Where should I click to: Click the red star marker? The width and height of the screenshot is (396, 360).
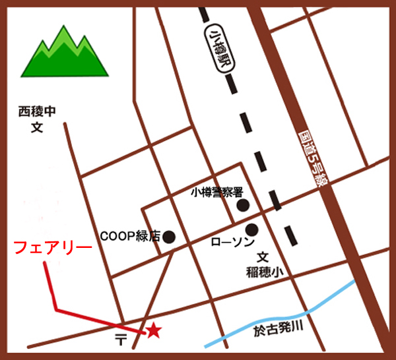153,330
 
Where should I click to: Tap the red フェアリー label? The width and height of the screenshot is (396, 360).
52,249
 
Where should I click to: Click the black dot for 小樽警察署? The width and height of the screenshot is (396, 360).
243,205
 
